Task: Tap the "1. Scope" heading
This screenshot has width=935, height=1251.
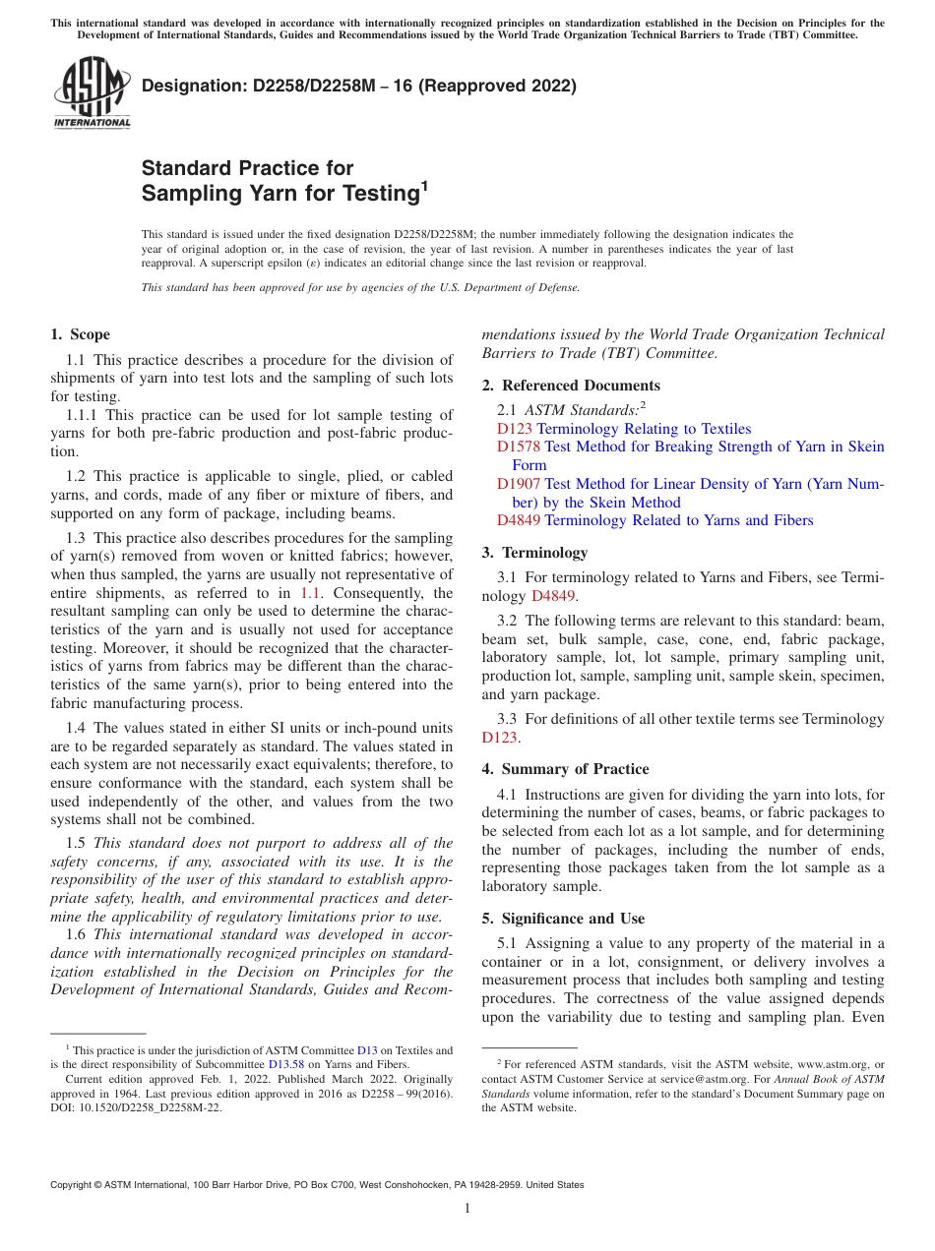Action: coord(80,334)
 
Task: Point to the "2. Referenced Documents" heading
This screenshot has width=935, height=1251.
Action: coord(571,386)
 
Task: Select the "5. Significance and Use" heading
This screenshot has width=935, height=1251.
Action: coord(563,919)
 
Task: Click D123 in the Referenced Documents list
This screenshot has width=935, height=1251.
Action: coord(514,429)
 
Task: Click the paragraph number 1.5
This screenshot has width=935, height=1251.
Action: coord(76,842)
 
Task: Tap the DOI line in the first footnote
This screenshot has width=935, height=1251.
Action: coord(137,1107)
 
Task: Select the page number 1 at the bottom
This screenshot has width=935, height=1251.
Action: coord(467,1209)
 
